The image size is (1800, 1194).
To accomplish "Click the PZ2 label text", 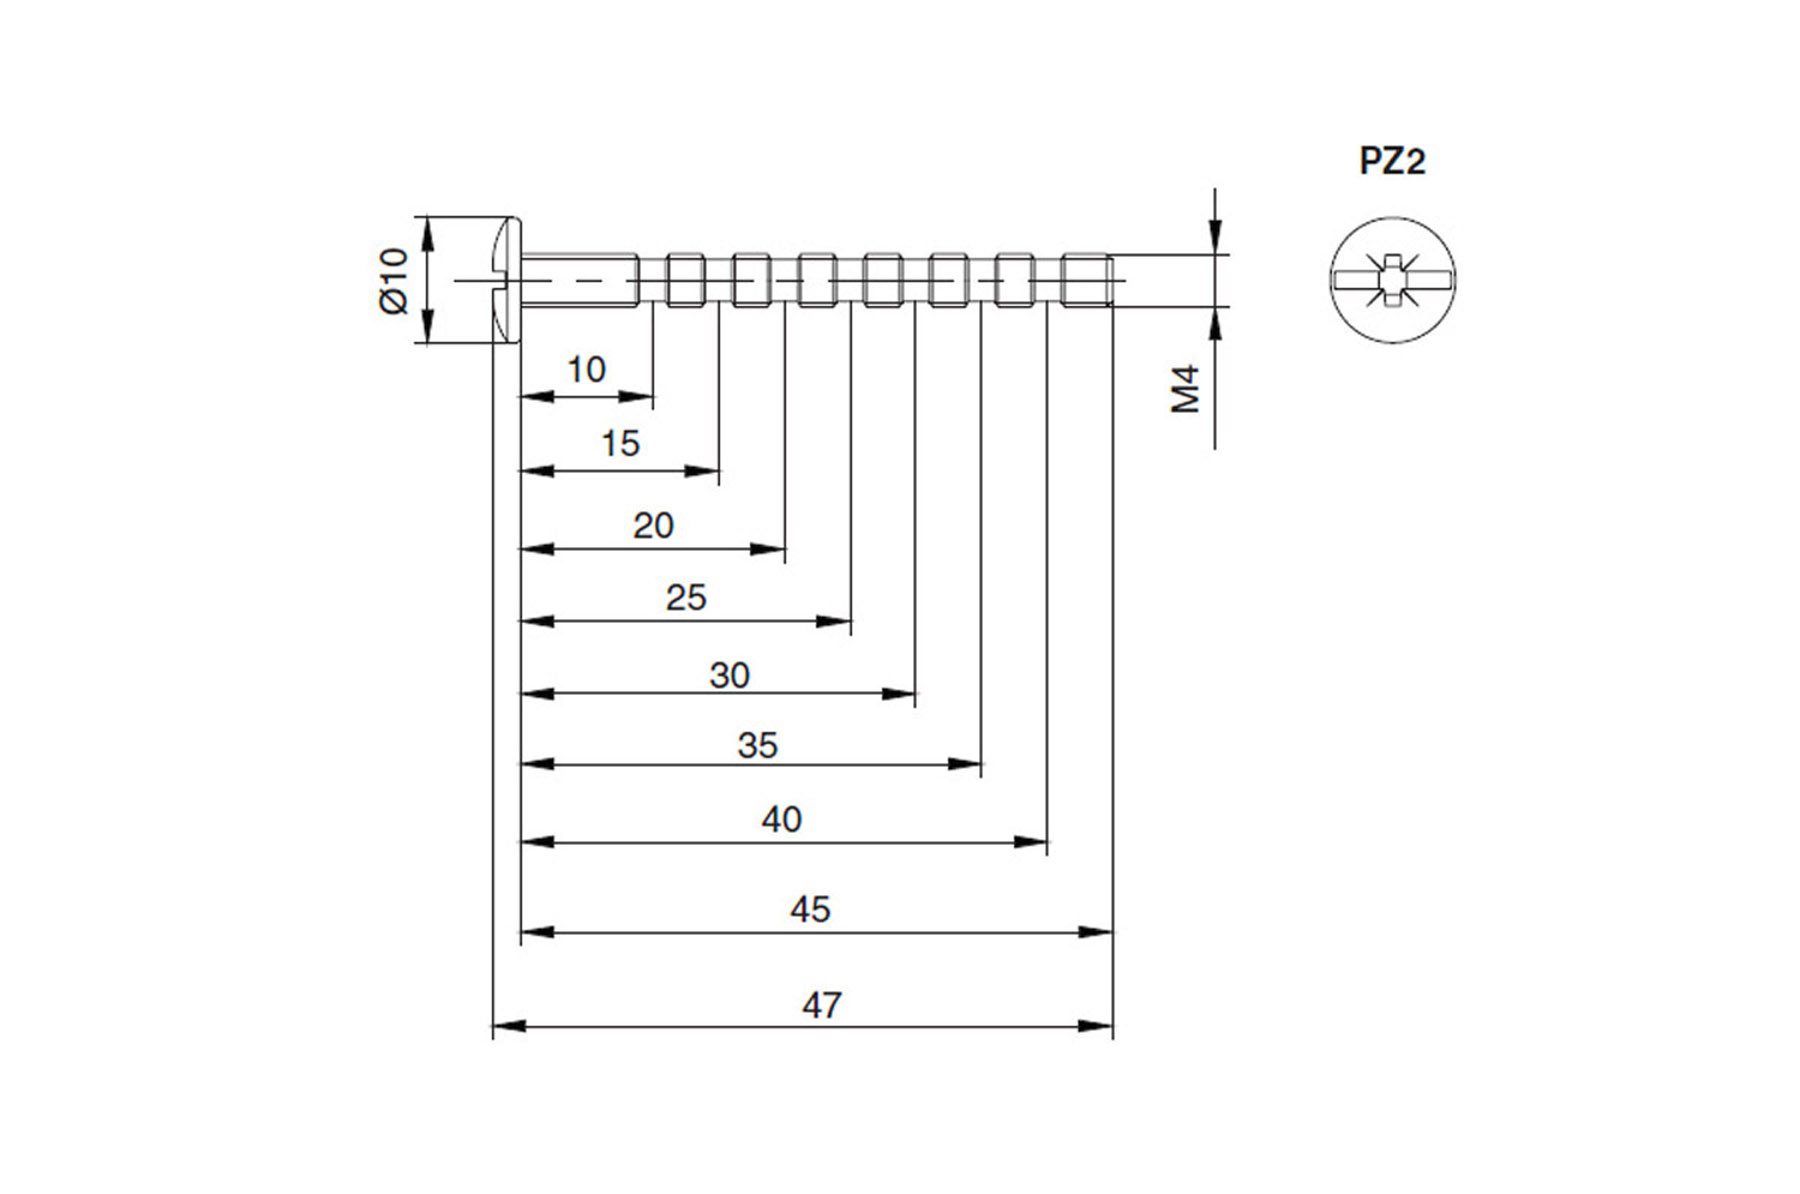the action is click(x=1392, y=161).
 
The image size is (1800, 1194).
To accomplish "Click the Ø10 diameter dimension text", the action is click(x=394, y=281).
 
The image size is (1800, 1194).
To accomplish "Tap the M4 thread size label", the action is click(x=1185, y=390).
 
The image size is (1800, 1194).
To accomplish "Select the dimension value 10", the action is click(x=586, y=370).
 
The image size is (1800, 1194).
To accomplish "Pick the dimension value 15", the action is click(x=620, y=443).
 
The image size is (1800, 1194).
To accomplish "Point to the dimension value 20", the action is click(x=653, y=525).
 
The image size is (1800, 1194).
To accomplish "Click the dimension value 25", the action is click(x=686, y=597).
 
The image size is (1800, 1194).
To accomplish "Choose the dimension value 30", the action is click(x=729, y=675).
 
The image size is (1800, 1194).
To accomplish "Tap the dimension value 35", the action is click(x=757, y=745).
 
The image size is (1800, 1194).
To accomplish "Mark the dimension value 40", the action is click(x=781, y=819).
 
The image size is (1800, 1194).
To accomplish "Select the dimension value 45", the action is click(x=810, y=909).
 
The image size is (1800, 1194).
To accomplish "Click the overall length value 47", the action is click(x=822, y=1005).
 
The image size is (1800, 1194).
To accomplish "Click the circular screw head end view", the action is click(x=1393, y=280).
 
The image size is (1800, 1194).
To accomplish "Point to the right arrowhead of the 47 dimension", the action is click(x=1096, y=1026).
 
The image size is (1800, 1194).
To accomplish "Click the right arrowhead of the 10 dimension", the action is click(x=636, y=397).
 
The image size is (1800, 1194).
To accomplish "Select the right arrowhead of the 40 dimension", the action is click(x=1030, y=842).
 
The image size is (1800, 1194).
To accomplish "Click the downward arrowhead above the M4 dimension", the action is click(x=1215, y=237).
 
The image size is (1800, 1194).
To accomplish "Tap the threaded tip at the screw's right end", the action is click(x=1087, y=280).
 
